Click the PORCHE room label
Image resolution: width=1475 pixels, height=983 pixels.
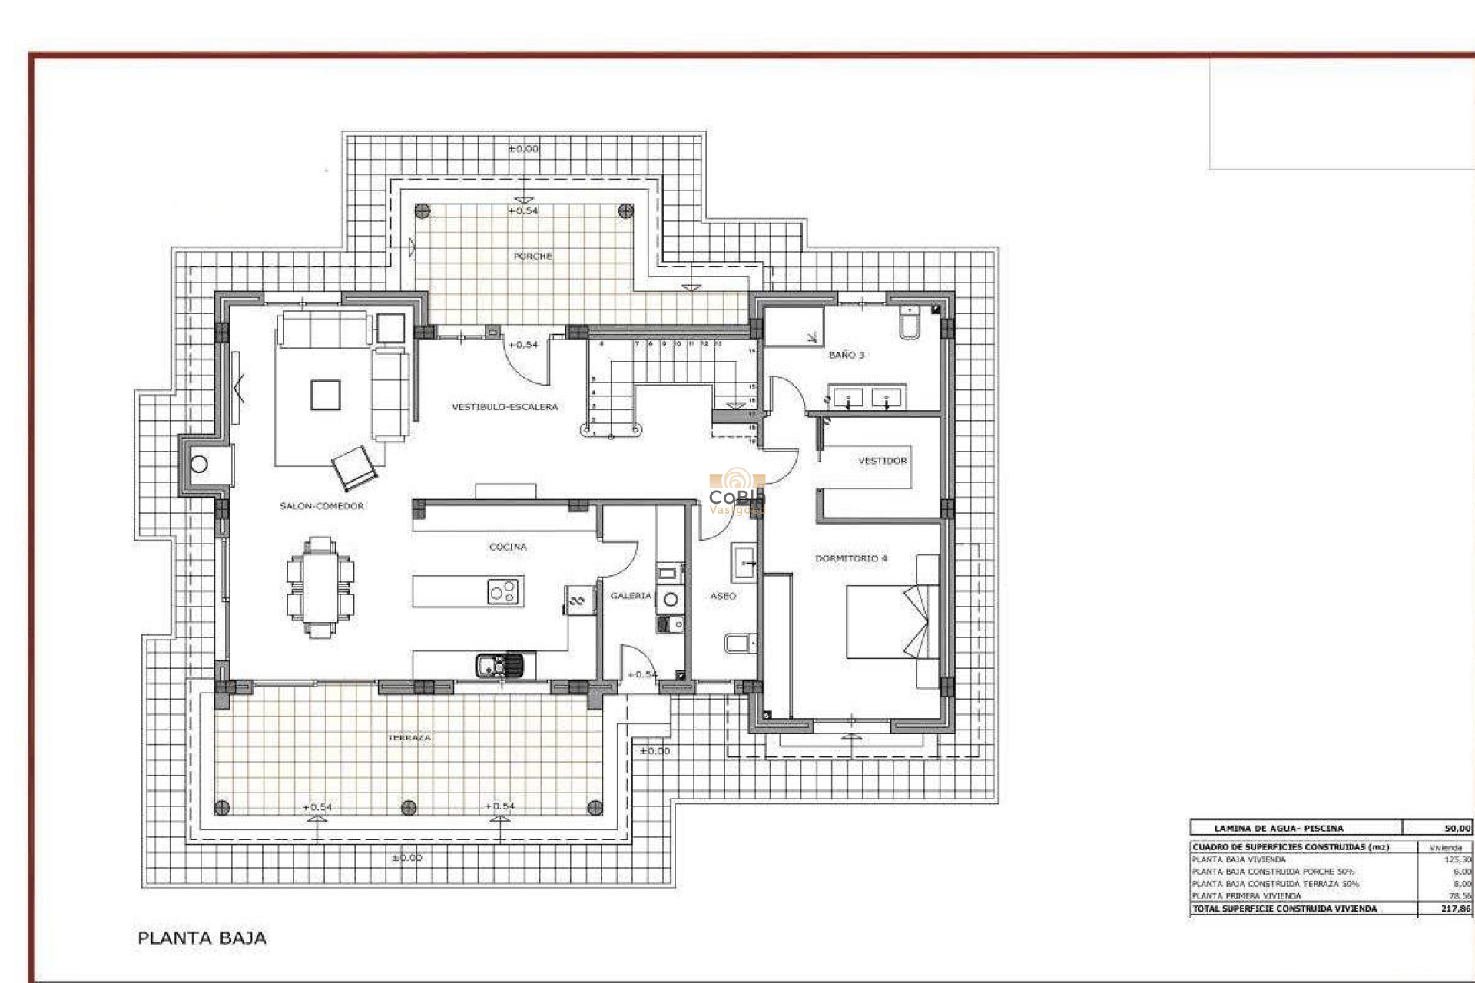click(x=532, y=256)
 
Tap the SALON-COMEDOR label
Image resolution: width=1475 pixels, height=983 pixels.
click(x=321, y=506)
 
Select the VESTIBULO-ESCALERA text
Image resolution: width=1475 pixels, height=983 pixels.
click(x=505, y=407)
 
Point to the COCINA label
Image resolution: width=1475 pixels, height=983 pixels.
click(x=508, y=547)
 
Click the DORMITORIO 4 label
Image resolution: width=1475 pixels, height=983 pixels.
click(x=850, y=558)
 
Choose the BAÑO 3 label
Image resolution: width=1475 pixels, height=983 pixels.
click(x=846, y=355)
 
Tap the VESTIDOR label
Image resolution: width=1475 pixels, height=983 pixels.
click(x=882, y=461)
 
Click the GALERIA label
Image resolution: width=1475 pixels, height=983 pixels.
click(x=630, y=596)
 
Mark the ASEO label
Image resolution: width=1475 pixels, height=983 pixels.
click(x=723, y=596)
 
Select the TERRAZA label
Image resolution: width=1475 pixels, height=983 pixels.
click(x=409, y=737)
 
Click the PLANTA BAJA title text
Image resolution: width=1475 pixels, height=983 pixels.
click(x=202, y=938)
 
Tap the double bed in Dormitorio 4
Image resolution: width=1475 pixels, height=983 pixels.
click(x=883, y=622)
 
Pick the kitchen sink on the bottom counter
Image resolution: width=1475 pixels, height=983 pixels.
click(x=499, y=664)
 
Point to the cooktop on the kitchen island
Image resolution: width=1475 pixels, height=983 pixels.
click(x=504, y=592)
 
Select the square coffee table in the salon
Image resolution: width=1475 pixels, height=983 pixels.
click(x=326, y=396)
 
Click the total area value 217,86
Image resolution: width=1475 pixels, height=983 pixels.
click(x=1456, y=909)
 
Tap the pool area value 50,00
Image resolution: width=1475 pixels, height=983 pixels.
click(x=1457, y=828)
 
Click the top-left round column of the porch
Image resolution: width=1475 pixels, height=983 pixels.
click(x=422, y=210)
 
